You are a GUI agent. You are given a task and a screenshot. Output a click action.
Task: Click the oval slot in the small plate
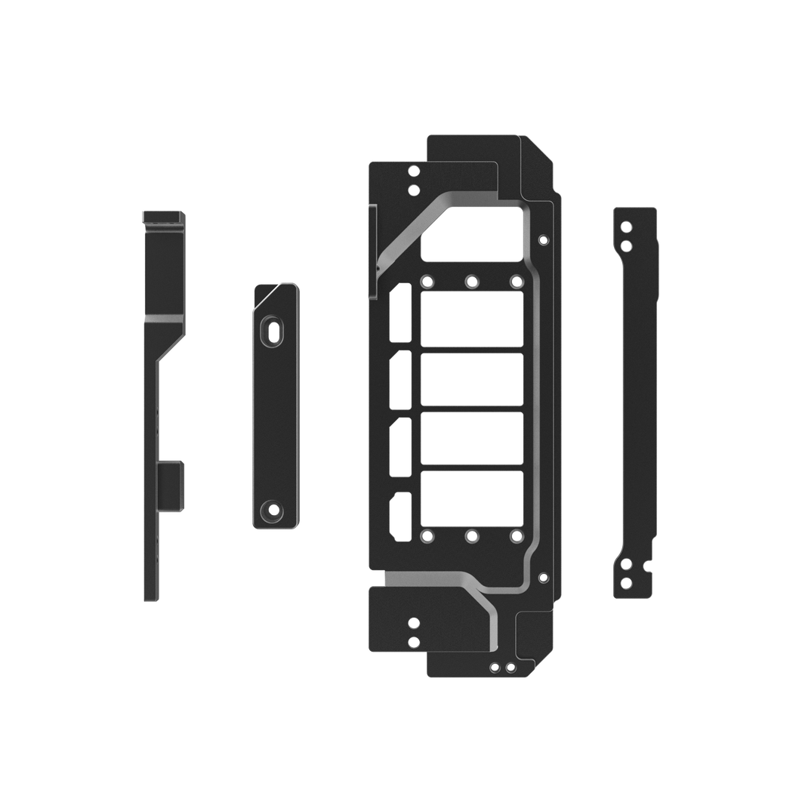271,332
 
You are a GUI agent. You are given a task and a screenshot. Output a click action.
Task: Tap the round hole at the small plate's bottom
271,510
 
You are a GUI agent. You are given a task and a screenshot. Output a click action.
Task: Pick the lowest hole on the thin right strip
625,581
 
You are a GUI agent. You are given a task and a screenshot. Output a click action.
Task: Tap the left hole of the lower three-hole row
427,535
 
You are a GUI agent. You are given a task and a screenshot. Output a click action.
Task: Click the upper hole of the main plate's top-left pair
412,171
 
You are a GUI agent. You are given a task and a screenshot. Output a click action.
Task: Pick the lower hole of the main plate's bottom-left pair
412,641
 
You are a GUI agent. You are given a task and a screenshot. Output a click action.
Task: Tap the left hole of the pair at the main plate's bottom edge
495,667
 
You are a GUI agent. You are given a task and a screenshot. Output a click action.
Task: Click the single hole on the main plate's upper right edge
541,239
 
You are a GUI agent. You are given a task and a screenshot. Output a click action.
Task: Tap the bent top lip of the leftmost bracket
164,217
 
